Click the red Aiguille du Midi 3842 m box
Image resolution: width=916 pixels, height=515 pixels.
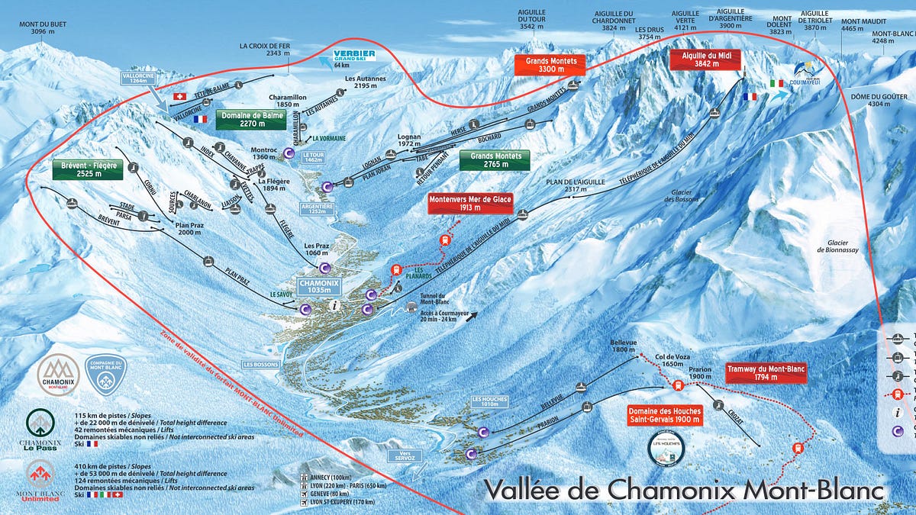point(702,60)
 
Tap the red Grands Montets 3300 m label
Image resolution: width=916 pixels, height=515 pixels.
point(551,64)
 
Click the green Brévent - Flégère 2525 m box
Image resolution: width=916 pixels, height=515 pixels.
point(87,169)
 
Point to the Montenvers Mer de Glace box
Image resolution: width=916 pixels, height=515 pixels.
point(470,203)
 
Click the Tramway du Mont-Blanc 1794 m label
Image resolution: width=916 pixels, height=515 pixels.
point(766,373)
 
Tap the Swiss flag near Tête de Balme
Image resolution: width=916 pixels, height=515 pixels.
point(181,96)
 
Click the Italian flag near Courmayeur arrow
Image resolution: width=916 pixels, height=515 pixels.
point(777,82)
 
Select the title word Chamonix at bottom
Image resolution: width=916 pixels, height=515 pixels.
point(683,488)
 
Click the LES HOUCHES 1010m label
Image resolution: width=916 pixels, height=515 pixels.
point(489,401)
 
